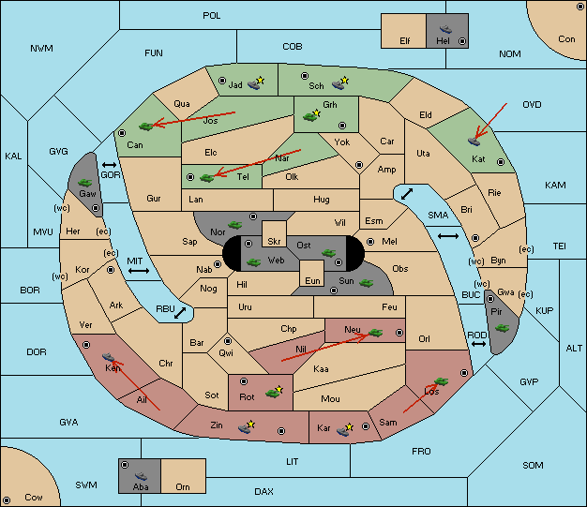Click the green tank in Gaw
[x=84, y=183]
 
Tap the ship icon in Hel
[x=445, y=29]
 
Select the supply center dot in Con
[x=579, y=7]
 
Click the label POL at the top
[x=212, y=16]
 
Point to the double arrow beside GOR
[x=109, y=165]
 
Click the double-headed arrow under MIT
[x=139, y=271]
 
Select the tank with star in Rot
[x=274, y=392]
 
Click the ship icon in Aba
[x=141, y=476]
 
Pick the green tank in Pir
[x=502, y=328]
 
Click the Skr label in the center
[x=274, y=242]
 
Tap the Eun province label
[x=312, y=280]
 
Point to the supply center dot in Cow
[x=7, y=500]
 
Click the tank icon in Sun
[x=366, y=283]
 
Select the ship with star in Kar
[x=345, y=429]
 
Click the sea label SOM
[x=533, y=465]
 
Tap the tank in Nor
[x=235, y=225]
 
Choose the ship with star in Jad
[x=256, y=83]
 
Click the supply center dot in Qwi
[x=228, y=341]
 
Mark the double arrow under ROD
[x=478, y=344]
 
